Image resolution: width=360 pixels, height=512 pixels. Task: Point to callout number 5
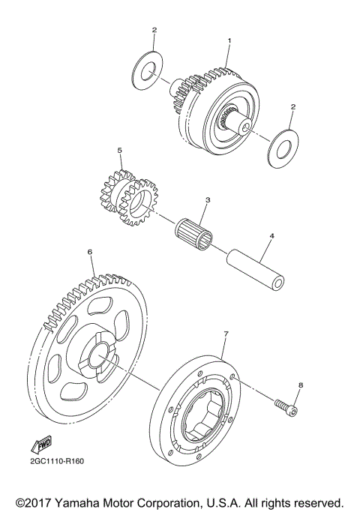tap(119, 150)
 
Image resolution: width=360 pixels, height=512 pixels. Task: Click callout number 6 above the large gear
tap(90, 253)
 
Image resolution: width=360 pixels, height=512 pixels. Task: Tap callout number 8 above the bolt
tap(300, 385)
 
